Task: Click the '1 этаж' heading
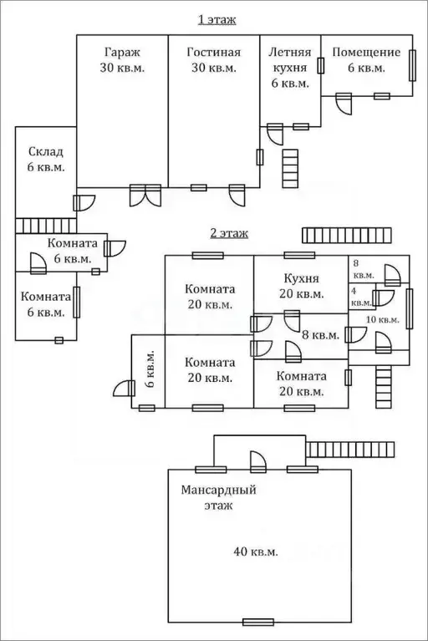pos(217,19)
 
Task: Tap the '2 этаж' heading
pos(229,233)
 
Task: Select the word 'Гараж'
pos(122,53)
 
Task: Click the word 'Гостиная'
pos(214,53)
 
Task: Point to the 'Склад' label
pos(46,152)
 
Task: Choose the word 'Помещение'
pos(366,53)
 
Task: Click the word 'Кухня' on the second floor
pos(301,278)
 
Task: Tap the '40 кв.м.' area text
pos(256,552)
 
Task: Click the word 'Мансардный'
pos(218,490)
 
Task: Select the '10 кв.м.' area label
pos(382,320)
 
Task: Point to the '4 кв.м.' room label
pos(361,297)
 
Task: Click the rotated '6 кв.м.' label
pos(150,369)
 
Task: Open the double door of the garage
pos(145,196)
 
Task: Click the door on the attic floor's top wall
pos(258,462)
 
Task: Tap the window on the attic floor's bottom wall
pos(258,622)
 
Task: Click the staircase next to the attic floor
pos(350,450)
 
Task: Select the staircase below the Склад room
pos(46,226)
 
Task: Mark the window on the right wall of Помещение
pos(412,65)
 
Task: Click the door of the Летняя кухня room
pos(275,134)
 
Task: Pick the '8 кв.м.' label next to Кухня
pos(321,335)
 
